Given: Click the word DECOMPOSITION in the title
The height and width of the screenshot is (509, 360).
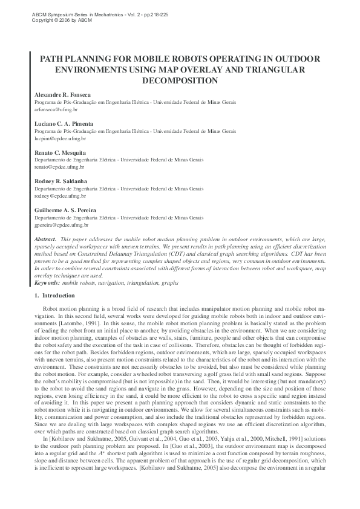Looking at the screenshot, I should (x=179, y=80).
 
